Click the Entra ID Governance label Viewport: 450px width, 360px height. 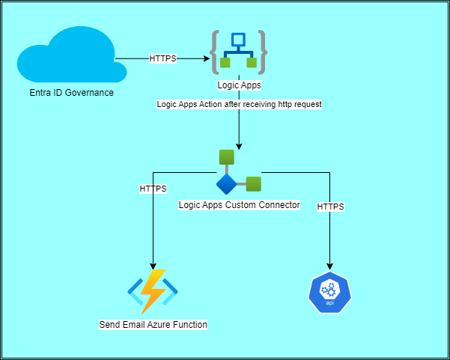tap(67, 93)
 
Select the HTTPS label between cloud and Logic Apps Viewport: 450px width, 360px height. tap(163, 58)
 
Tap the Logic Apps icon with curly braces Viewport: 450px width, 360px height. tap(238, 52)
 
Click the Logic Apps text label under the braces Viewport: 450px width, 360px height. tap(238, 85)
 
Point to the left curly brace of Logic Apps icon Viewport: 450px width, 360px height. tap(216, 52)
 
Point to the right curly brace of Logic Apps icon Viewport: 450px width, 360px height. tap(261, 52)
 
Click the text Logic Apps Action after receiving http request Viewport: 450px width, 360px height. tap(239, 105)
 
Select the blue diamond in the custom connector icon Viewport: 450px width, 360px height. tap(226, 184)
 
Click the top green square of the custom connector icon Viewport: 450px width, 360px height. tap(227, 157)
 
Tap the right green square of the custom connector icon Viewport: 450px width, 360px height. tap(254, 183)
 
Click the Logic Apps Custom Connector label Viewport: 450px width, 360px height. tap(239, 204)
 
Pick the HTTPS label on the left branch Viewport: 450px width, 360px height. tap(153, 189)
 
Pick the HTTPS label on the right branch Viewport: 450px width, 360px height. tap(330, 205)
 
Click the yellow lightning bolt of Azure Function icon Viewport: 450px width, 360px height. tap(153, 290)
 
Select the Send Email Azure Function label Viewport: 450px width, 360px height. tap(153, 325)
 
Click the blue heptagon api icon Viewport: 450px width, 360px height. tap(329, 292)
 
